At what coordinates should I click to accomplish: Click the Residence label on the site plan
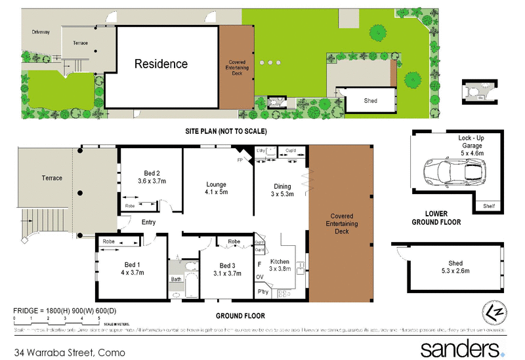[161, 64]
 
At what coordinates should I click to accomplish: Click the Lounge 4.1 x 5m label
[217, 189]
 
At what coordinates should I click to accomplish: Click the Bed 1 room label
[130, 269]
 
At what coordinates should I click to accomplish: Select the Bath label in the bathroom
[176, 279]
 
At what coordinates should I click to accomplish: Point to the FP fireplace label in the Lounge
[240, 159]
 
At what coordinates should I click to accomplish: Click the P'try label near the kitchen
[264, 291]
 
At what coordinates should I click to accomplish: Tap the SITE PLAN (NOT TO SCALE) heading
[226, 132]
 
